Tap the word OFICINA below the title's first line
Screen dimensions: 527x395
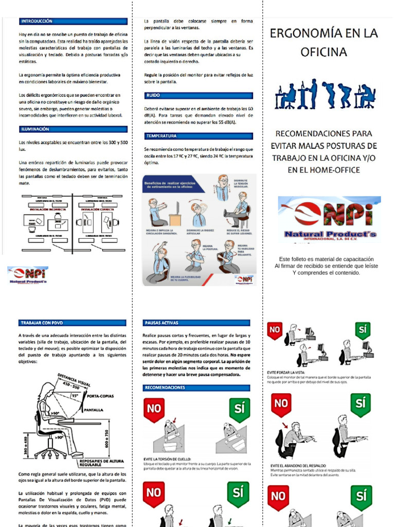pyautogui.click(x=324, y=52)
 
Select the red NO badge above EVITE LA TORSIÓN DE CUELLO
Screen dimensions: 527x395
pyautogui.click(x=154, y=408)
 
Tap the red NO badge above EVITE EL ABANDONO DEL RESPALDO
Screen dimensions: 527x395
pyautogui.click(x=281, y=403)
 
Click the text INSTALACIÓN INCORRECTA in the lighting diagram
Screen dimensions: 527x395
pyautogui.click(x=47, y=210)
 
